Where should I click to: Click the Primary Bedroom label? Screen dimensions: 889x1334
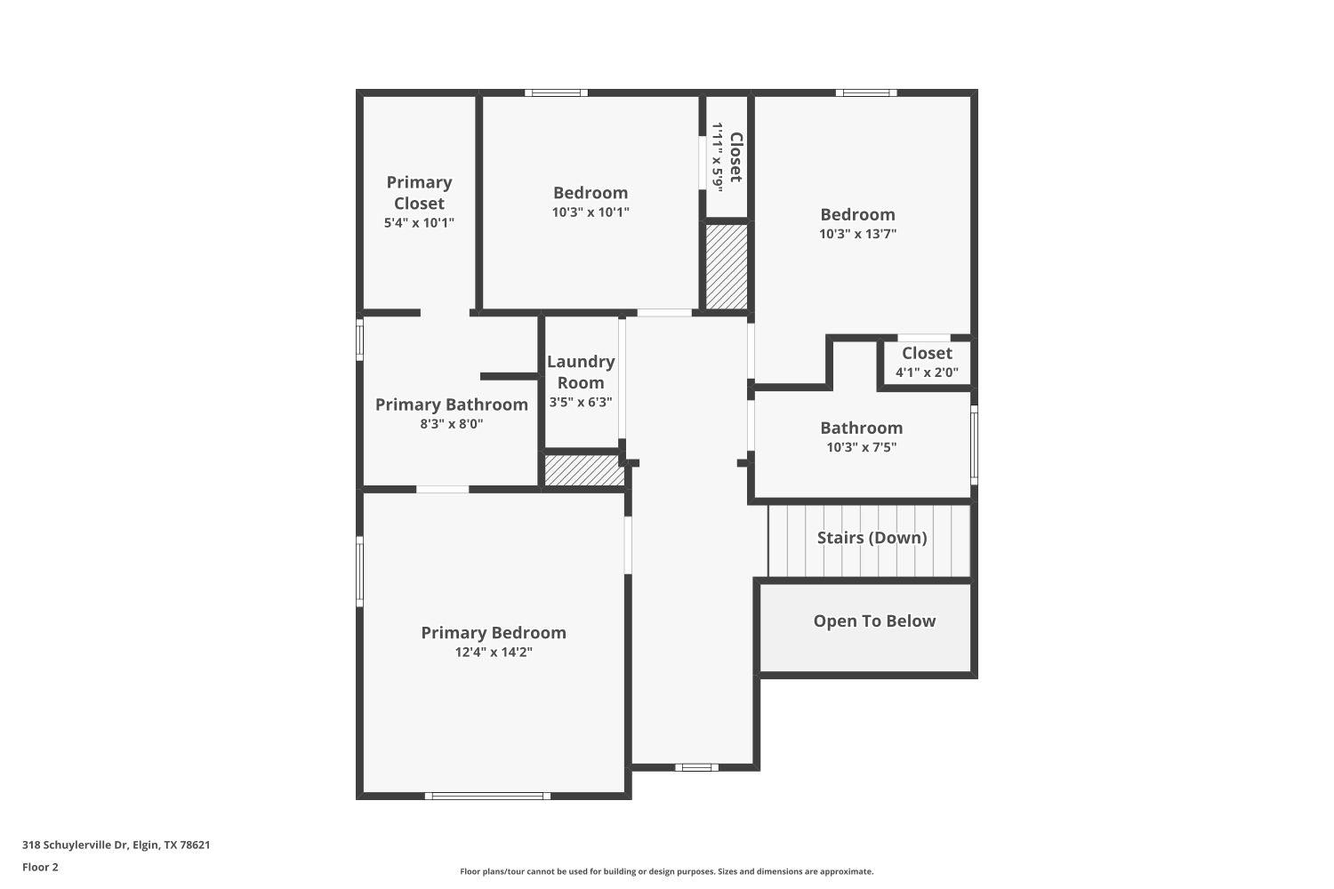(494, 633)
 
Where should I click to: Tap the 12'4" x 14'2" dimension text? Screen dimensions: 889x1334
(494, 653)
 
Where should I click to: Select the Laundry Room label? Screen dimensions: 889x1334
(581, 372)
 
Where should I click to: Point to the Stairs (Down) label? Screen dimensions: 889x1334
(872, 538)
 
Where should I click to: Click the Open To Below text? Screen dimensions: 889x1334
(874, 621)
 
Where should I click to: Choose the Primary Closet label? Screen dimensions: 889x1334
(419, 193)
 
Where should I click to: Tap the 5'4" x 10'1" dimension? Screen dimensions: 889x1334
(419, 223)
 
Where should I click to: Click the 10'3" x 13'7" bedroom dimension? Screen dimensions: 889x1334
(857, 234)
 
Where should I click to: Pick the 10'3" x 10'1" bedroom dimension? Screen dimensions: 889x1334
(591, 212)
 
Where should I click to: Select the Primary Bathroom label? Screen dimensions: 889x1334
(452, 404)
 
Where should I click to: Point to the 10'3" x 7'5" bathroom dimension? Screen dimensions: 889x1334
(861, 447)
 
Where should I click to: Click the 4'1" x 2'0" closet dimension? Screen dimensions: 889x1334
(927, 372)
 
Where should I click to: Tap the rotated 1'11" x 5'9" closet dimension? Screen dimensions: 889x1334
(718, 156)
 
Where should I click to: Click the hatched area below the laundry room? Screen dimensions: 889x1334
(584, 470)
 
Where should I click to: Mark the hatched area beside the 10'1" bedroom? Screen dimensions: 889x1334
(727, 267)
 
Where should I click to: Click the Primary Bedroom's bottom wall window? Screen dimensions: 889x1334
(487, 796)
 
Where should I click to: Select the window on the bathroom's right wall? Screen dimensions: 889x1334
(974, 444)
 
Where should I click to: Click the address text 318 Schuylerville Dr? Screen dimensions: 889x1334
(117, 845)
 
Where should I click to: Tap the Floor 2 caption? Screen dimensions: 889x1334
(40, 867)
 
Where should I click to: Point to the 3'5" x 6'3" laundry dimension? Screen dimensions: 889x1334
(581, 403)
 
